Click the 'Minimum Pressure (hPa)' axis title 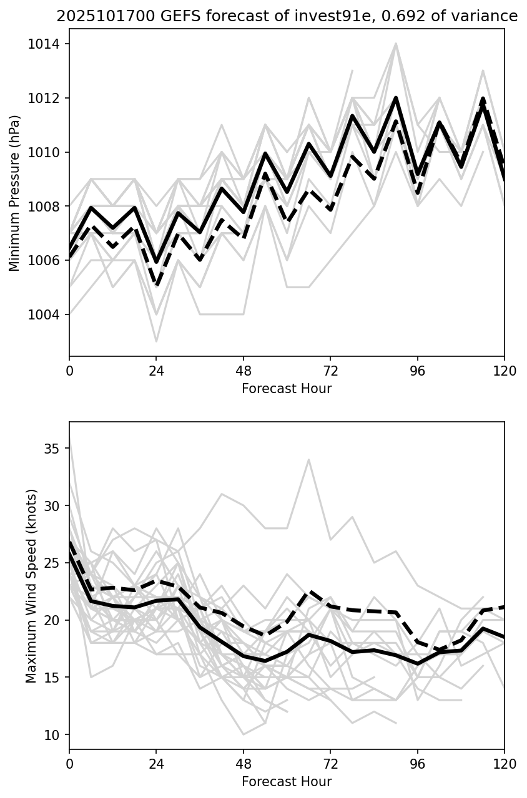point(15,193)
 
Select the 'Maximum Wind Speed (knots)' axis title point(32,585)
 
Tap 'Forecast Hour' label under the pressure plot point(287,389)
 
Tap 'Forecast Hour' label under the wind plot point(287,782)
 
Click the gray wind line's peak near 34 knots point(308,460)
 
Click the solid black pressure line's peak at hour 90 point(396,98)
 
